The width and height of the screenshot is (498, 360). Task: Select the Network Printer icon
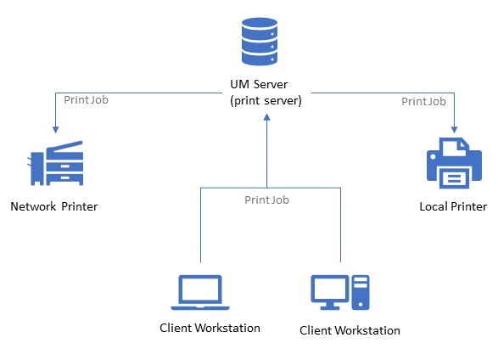point(56,164)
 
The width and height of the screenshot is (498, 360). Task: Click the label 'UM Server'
point(266,86)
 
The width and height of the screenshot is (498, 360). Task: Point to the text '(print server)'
point(266,101)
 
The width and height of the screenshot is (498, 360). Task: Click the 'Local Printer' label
point(453,206)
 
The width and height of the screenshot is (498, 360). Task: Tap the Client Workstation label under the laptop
point(210,328)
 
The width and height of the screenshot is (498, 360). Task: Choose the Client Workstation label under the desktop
point(350,330)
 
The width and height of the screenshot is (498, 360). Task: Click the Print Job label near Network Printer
point(86,99)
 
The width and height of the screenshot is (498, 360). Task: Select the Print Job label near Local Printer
point(423,101)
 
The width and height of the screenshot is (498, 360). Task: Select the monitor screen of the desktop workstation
point(330,290)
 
